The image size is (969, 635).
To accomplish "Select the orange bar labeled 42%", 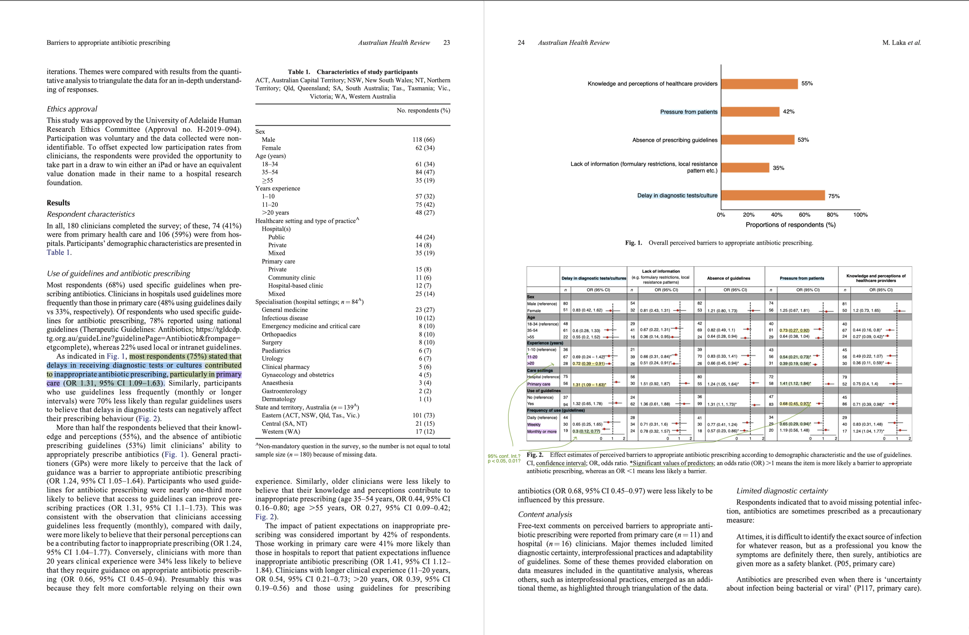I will [x=750, y=111].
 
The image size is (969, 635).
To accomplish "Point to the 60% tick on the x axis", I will [x=804, y=215].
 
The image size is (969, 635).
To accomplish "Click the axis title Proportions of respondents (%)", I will [x=790, y=225].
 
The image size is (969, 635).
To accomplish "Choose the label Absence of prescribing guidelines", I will [x=675, y=140].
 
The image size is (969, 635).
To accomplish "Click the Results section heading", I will [x=58, y=203].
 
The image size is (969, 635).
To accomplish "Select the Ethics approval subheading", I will [x=72, y=109].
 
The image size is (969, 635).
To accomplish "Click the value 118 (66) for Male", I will [x=423, y=140].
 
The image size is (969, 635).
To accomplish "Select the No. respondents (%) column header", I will [x=423, y=110].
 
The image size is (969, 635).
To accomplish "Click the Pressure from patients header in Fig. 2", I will [x=801, y=278].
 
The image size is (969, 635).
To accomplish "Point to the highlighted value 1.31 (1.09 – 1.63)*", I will [x=589, y=384].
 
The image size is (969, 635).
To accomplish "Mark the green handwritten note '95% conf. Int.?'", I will [x=504, y=456].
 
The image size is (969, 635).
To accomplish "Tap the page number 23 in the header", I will [x=447, y=43].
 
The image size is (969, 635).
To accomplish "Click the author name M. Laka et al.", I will [x=901, y=43].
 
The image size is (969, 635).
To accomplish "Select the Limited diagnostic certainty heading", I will [x=782, y=491].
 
